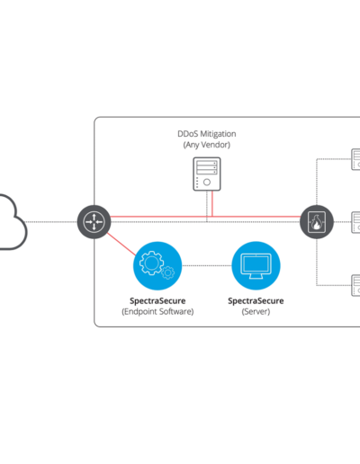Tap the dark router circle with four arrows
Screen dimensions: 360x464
pyautogui.click(x=94, y=222)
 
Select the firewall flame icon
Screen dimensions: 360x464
pyautogui.click(x=317, y=222)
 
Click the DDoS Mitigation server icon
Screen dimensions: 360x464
pyautogui.click(x=207, y=174)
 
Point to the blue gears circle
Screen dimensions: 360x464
pyautogui.click(x=157, y=265)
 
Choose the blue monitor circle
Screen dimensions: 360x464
pyautogui.click(x=256, y=265)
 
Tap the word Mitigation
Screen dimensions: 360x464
pyautogui.click(x=218, y=134)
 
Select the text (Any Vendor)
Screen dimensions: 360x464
pyautogui.click(x=207, y=145)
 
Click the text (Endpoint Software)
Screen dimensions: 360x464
pyautogui.click(x=157, y=312)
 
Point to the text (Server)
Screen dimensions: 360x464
pyautogui.click(x=256, y=312)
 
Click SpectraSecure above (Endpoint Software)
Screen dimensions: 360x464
pyautogui.click(x=157, y=300)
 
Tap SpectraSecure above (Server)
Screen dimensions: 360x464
pyautogui.click(x=256, y=300)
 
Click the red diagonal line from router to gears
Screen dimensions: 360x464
pyautogui.click(x=121, y=244)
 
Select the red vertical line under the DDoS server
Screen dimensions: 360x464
pyautogui.click(x=212, y=203)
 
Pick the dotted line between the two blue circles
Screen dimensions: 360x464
pyautogui.click(x=207, y=265)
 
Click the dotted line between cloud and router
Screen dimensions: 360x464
pyautogui.click(x=51, y=222)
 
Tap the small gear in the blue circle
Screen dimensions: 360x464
pyautogui.click(x=167, y=272)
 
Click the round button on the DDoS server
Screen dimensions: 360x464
pyautogui.click(x=207, y=182)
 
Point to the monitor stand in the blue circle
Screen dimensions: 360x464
pyautogui.click(x=256, y=276)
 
